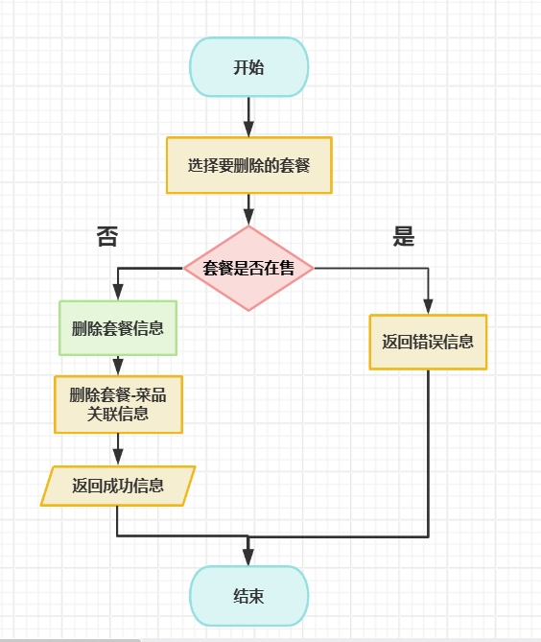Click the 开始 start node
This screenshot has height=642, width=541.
tap(248, 67)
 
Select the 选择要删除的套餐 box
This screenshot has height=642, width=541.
tap(248, 165)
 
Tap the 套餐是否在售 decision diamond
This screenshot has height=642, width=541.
tap(248, 269)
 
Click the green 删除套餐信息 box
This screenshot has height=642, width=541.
tap(118, 328)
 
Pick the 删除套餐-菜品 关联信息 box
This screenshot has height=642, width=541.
tap(118, 404)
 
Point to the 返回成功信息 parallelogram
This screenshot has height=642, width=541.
tap(118, 486)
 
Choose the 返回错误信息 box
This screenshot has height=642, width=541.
tap(428, 342)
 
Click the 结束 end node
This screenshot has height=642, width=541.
tap(248, 595)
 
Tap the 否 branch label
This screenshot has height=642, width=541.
tap(107, 237)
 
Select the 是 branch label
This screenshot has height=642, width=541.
tap(404, 237)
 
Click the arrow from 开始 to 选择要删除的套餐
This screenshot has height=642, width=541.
tap(248, 116)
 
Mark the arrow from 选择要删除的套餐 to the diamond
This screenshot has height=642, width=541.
tap(248, 209)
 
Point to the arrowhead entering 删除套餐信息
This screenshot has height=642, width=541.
tap(118, 294)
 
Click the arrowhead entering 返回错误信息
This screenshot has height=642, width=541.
tap(428, 307)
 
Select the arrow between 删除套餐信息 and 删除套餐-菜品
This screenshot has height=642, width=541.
tap(118, 366)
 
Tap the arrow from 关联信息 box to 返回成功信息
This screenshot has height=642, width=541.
tap(118, 449)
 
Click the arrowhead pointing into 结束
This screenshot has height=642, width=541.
tap(248, 559)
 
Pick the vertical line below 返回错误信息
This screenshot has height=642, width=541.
tap(428, 451)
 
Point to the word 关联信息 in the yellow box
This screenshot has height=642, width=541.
tap(118, 414)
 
